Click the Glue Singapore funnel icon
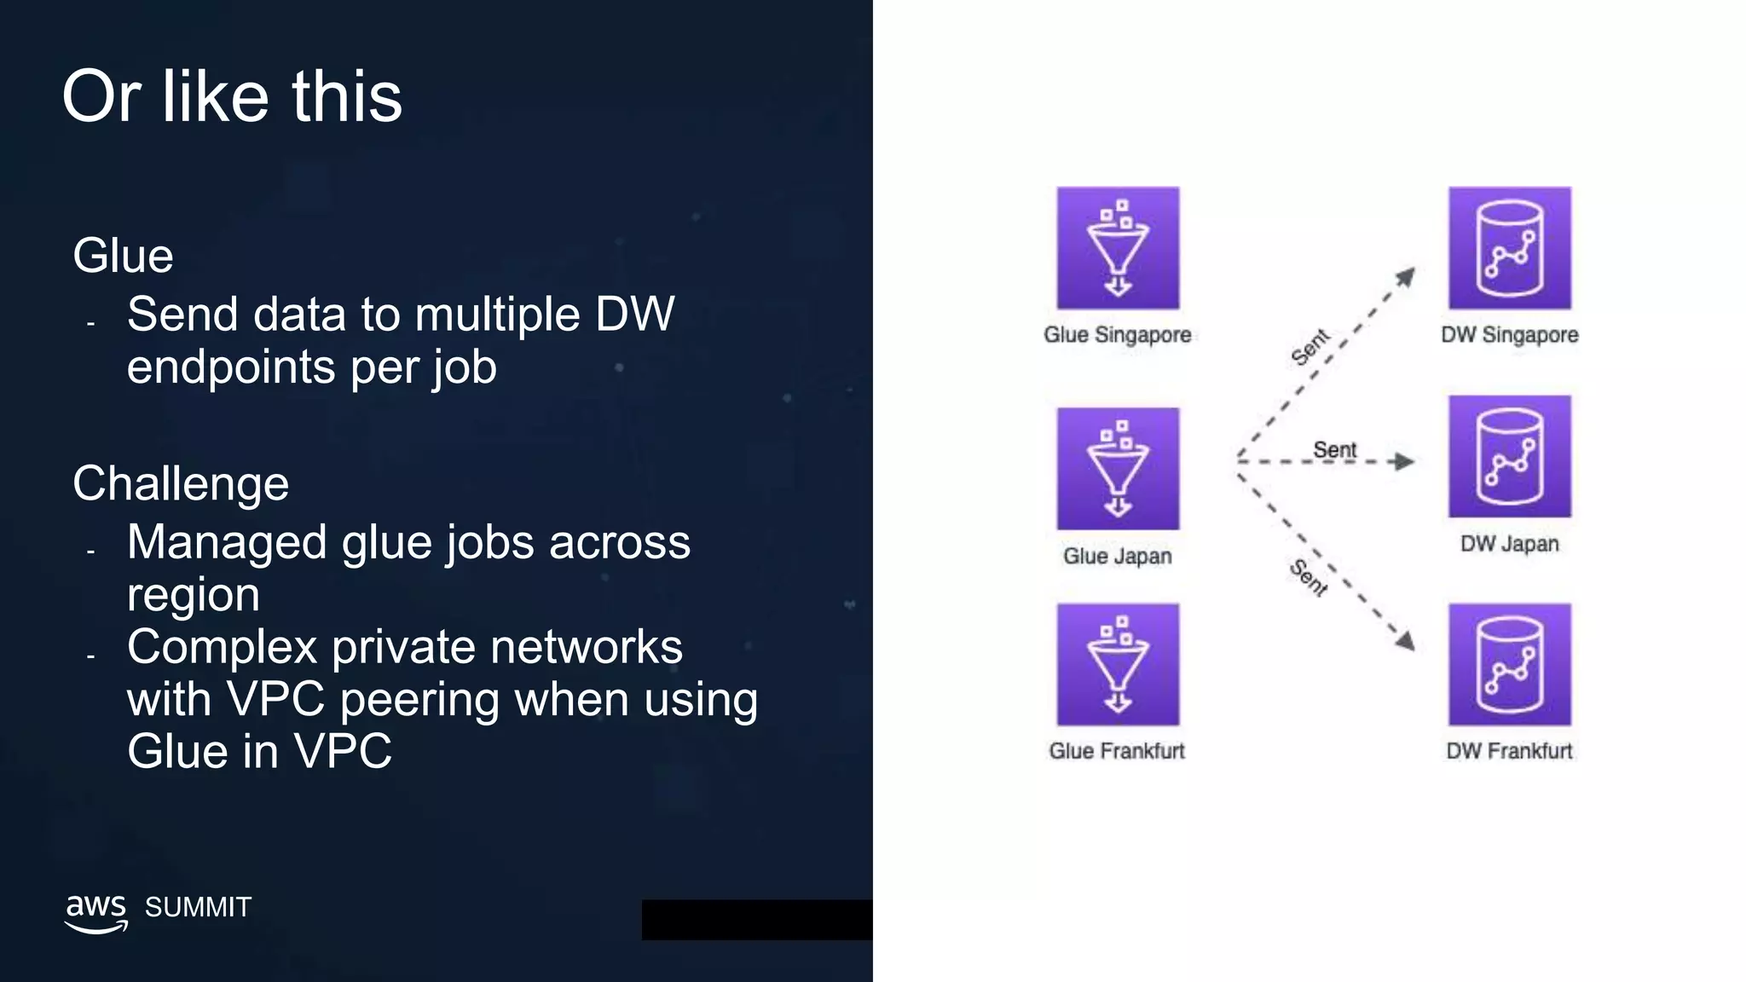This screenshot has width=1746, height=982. click(1118, 248)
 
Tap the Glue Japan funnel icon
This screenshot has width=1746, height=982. click(1118, 469)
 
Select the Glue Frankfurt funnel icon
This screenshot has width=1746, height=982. click(1118, 665)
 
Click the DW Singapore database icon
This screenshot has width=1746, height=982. click(1509, 248)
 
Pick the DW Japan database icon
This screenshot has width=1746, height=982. click(1509, 456)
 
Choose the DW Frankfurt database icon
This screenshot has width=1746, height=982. click(1509, 665)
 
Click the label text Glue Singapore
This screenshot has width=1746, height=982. click(1117, 335)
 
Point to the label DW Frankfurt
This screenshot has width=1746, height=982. click(1509, 751)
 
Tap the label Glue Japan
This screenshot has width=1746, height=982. click(1117, 556)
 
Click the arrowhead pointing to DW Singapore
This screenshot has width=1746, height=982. click(1405, 277)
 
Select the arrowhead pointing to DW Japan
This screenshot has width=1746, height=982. click(1402, 462)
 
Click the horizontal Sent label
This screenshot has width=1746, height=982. click(1334, 449)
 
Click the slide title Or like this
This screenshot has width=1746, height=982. click(232, 96)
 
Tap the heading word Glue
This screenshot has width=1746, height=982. click(123, 255)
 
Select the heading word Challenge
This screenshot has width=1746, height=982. click(181, 483)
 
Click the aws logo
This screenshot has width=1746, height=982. click(95, 912)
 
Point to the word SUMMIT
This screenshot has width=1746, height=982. click(198, 907)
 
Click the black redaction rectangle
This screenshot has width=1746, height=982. click(757, 920)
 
